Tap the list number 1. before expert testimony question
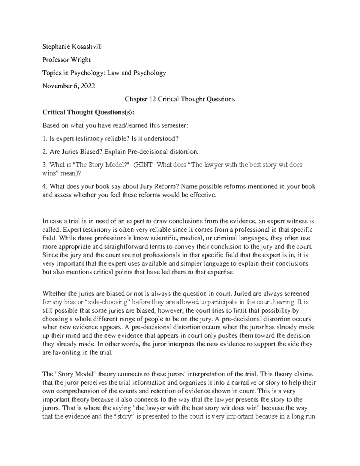tap(45, 139)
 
